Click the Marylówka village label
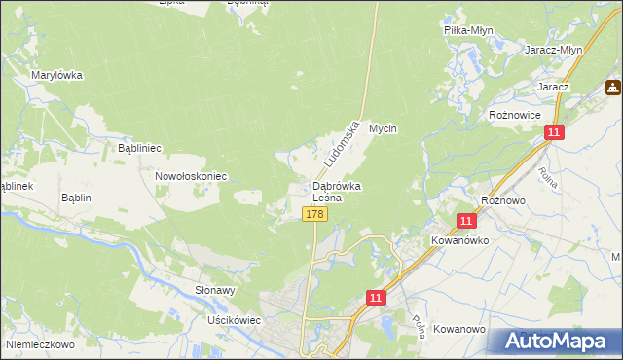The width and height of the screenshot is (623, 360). [56, 75]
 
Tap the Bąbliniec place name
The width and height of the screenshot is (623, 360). [138, 148]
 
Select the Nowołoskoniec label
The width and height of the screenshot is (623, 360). [191, 176]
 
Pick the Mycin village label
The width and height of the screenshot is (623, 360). [385, 128]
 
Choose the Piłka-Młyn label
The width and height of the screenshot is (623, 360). [469, 30]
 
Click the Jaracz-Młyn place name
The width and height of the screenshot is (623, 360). [553, 50]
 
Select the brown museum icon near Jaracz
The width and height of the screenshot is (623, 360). [613, 88]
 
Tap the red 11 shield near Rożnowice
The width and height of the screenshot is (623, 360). [554, 132]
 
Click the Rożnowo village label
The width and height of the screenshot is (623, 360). [503, 199]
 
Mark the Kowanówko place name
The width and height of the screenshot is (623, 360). [459, 238]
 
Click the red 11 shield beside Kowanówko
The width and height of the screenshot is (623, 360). [466, 221]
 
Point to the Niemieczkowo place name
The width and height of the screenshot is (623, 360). [40, 343]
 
